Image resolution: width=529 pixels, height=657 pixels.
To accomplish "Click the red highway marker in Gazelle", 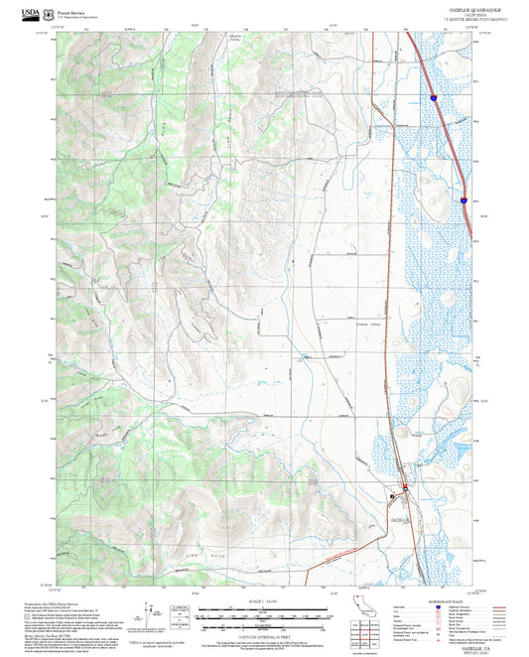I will click(405, 485).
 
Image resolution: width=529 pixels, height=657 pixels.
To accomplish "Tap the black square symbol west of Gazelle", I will click(392, 494).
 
